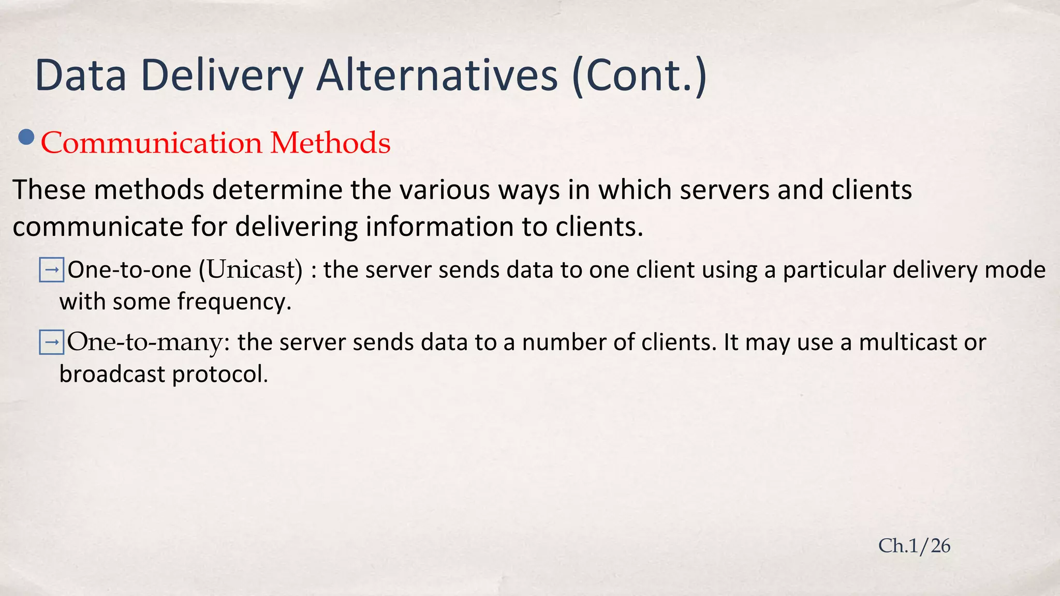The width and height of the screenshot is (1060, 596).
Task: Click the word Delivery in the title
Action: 222,76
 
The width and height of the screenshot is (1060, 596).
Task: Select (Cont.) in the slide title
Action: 639,76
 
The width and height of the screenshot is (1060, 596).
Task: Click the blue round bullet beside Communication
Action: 26,138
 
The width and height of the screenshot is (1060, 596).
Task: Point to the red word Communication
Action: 152,143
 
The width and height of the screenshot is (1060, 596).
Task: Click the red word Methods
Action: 330,143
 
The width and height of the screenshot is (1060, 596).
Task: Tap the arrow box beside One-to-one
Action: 52,270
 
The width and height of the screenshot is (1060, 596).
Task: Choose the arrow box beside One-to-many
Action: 52,342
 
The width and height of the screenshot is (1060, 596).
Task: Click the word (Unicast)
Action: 251,270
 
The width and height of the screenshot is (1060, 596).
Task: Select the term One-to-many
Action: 148,342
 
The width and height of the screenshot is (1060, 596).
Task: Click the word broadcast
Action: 112,374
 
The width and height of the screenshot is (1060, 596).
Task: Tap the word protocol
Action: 220,374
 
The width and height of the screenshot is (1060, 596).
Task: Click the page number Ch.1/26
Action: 914,546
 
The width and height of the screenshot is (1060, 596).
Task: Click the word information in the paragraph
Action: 439,227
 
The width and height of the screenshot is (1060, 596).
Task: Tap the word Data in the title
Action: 81,76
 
